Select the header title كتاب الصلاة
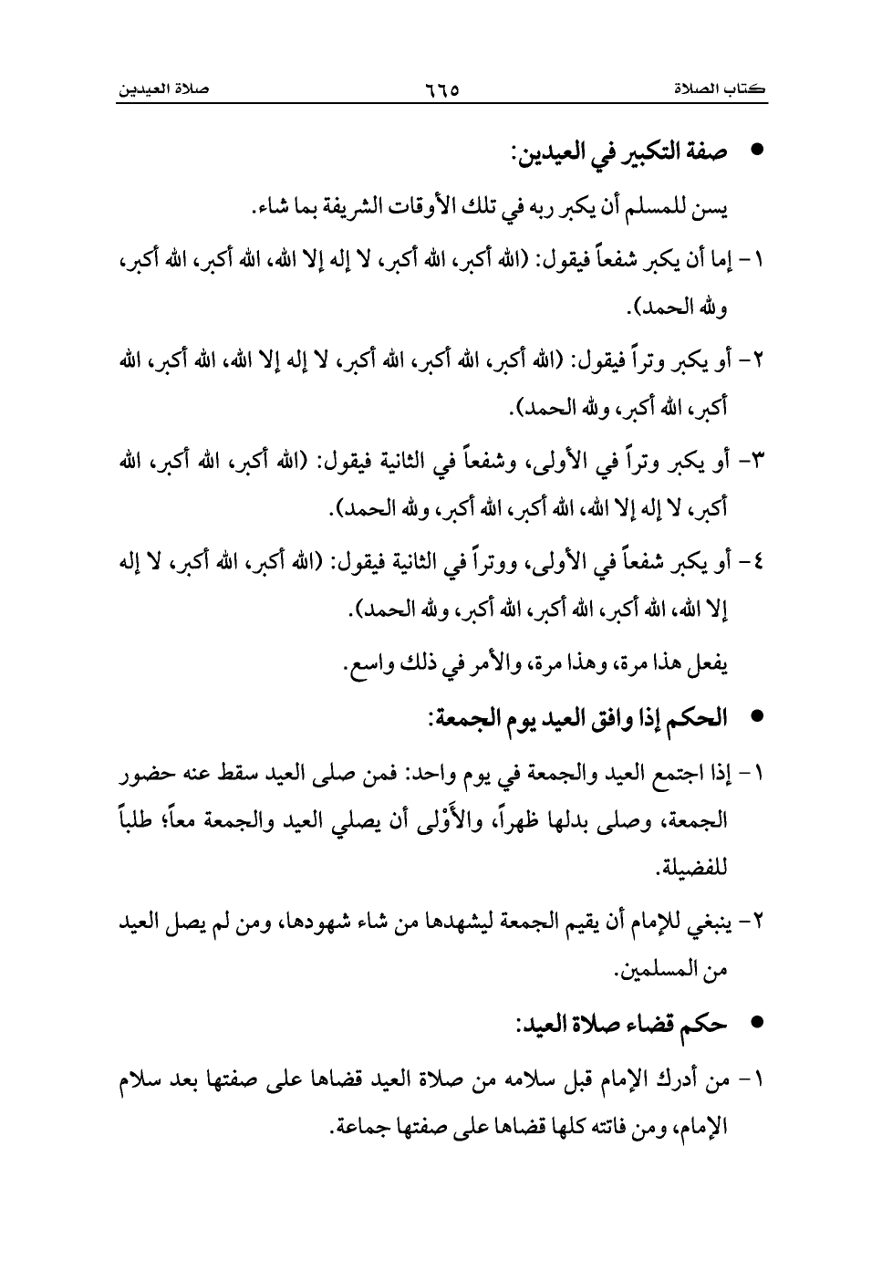coord(720,90)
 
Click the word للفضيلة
coord(696,863)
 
